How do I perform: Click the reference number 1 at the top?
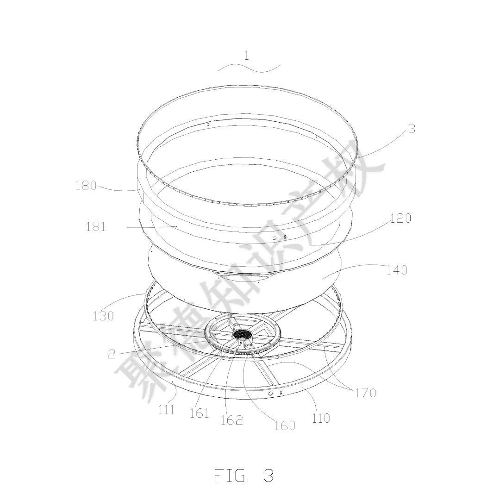pyautogui.click(x=246, y=56)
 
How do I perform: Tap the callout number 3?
pyautogui.click(x=412, y=129)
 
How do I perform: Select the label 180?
pyautogui.click(x=86, y=185)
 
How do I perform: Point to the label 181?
pyautogui.click(x=96, y=227)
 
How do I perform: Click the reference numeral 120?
pyautogui.click(x=401, y=218)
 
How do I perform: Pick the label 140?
pyautogui.click(x=397, y=270)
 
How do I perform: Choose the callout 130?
pyautogui.click(x=103, y=316)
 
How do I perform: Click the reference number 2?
pyautogui.click(x=112, y=354)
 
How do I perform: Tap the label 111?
pyautogui.click(x=167, y=409)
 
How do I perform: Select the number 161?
pyautogui.click(x=199, y=413)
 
